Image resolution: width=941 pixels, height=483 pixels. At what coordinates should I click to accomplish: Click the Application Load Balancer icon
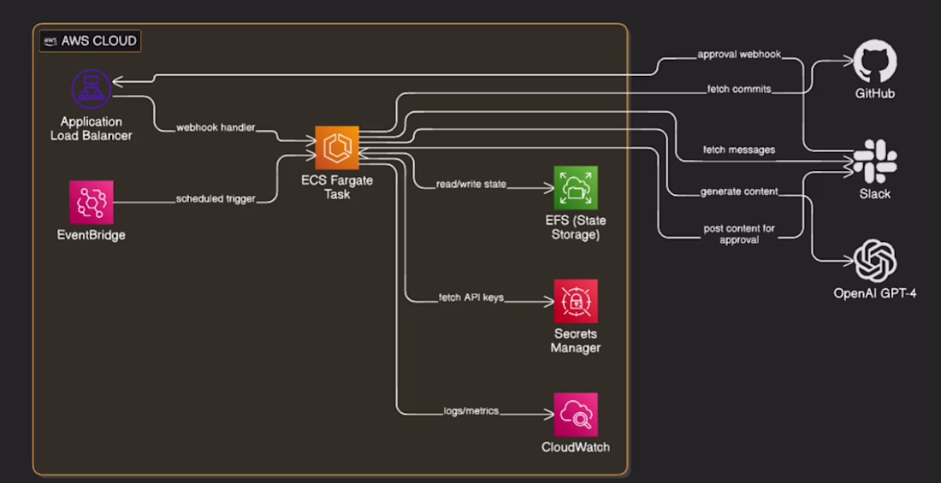(92, 89)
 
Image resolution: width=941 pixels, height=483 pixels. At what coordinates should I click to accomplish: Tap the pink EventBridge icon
(92, 203)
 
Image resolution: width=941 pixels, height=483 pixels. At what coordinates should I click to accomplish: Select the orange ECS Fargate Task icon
(337, 148)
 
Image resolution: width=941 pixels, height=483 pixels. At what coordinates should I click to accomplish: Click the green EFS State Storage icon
(576, 188)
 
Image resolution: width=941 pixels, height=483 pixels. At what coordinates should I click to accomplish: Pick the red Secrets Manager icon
(576, 301)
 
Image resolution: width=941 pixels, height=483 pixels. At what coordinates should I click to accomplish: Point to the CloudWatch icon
(576, 415)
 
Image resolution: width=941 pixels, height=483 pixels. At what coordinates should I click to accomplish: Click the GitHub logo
(875, 62)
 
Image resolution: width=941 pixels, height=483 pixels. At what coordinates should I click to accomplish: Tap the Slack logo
(875, 161)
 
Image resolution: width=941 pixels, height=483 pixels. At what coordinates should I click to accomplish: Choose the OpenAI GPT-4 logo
(875, 261)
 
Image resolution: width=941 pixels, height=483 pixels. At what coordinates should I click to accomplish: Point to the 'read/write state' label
(471, 185)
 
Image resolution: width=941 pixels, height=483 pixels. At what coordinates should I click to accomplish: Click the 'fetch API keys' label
(470, 298)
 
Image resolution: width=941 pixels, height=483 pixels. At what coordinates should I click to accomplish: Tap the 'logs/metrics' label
(471, 411)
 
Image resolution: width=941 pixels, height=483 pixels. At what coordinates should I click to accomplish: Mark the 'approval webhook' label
(739, 55)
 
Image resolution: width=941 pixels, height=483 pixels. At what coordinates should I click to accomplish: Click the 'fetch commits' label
(739, 90)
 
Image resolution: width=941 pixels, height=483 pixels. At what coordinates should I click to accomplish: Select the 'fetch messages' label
(739, 150)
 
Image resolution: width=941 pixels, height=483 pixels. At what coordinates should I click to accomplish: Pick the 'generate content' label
(739, 192)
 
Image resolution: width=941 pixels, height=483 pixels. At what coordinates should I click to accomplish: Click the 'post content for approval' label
(739, 234)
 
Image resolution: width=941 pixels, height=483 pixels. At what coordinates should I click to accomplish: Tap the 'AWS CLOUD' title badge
(90, 41)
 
